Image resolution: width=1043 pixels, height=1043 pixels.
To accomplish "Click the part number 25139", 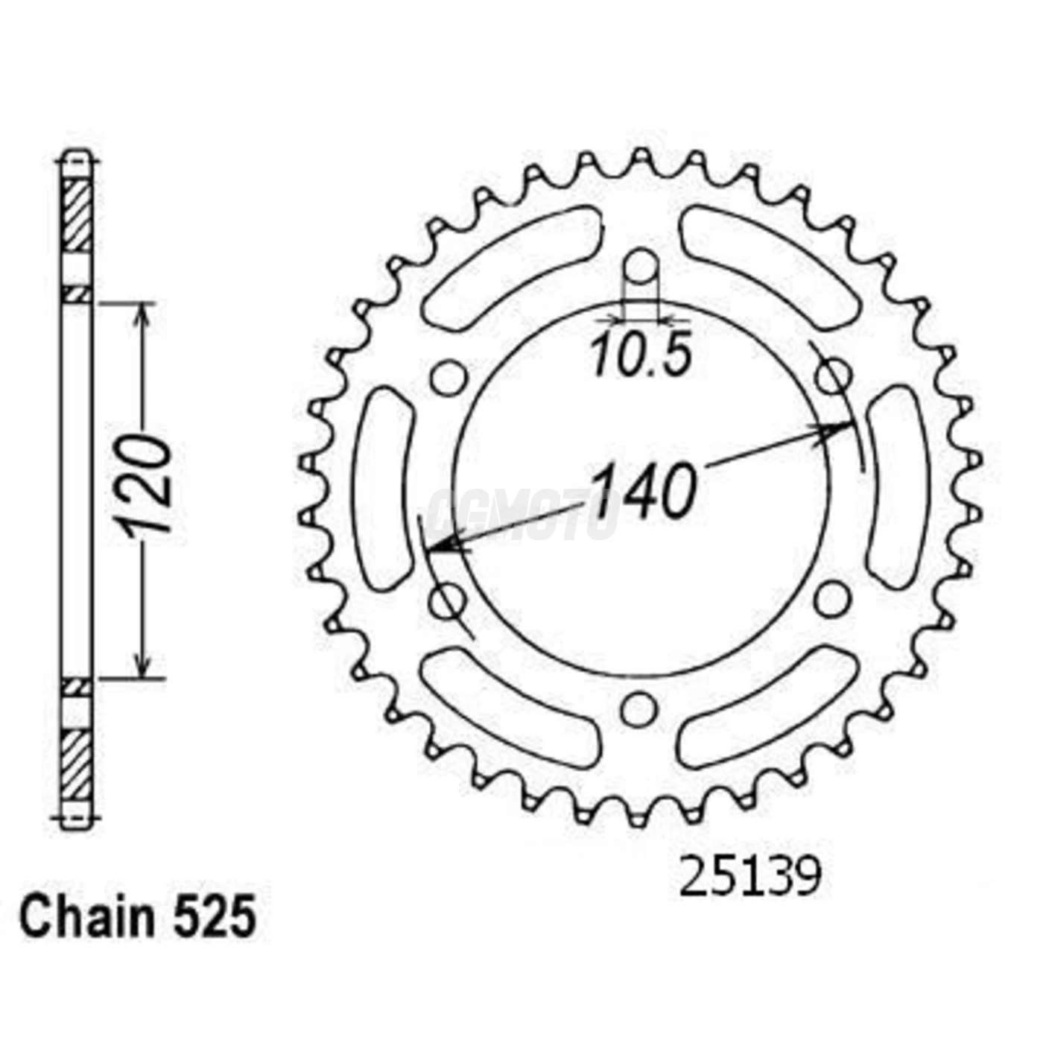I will click(x=749, y=877).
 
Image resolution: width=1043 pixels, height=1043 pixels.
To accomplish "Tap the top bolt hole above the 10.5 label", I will click(x=641, y=267).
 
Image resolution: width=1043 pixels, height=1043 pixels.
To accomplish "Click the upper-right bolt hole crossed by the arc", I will click(x=833, y=375).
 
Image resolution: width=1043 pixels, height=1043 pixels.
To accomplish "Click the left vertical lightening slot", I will click(x=385, y=488).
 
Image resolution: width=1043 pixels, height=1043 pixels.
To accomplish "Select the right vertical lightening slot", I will click(x=898, y=488).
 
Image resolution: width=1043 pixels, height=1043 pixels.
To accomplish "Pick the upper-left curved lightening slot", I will click(x=512, y=267).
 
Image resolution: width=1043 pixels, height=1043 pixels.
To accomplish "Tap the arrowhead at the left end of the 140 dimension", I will click(x=440, y=549).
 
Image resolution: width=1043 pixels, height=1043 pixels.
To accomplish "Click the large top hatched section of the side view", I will click(x=76, y=216).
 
